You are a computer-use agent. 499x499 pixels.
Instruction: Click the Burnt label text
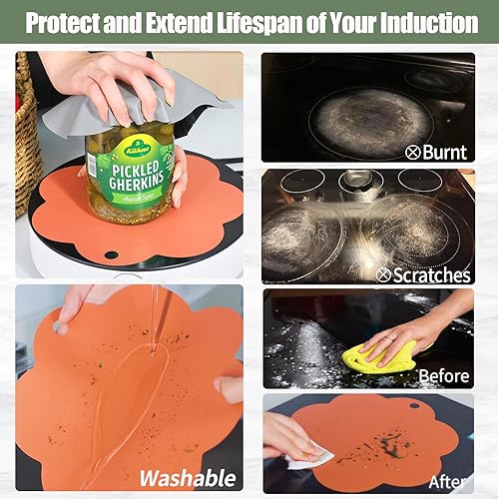(x=444, y=152)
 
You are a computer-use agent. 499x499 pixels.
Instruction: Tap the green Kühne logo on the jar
(x=137, y=150)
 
